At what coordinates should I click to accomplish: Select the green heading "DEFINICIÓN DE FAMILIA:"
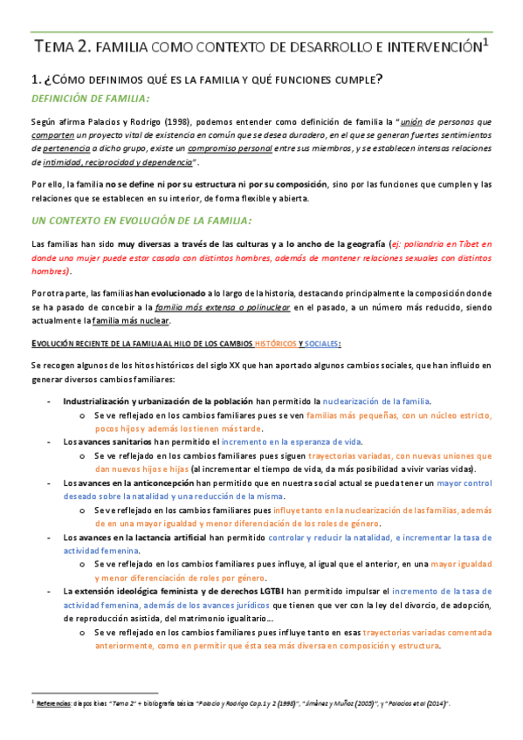click(90, 98)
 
